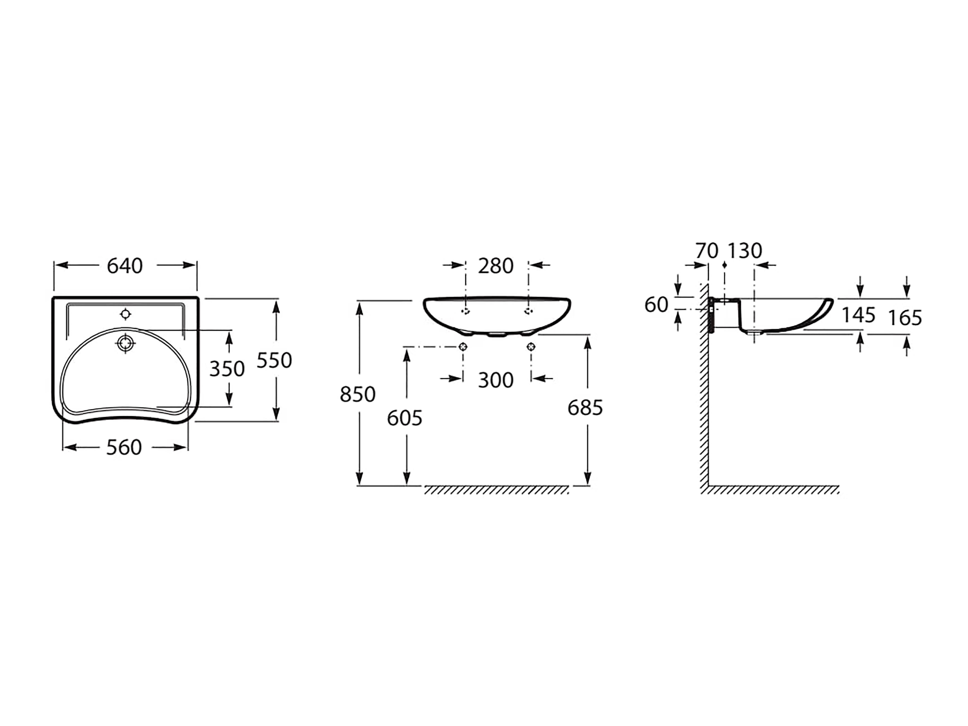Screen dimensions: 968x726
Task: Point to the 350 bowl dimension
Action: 227,369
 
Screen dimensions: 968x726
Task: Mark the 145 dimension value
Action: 859,315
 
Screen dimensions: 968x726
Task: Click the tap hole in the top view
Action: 126,314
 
